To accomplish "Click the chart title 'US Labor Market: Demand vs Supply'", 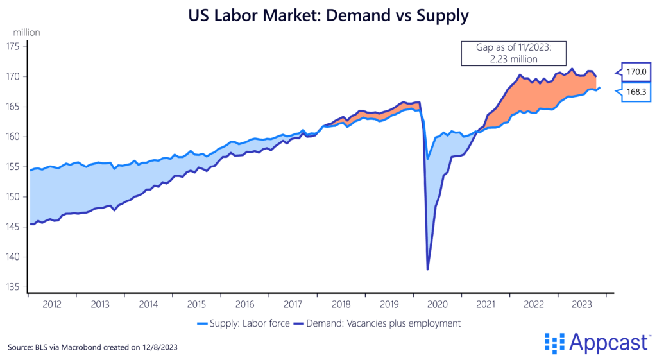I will tap(328, 15).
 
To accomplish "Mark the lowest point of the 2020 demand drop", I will tap(427, 269).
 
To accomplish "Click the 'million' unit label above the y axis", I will tap(24, 31).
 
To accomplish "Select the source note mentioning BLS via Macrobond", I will tap(92, 347).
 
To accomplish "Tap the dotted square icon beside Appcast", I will tap(554, 343).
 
